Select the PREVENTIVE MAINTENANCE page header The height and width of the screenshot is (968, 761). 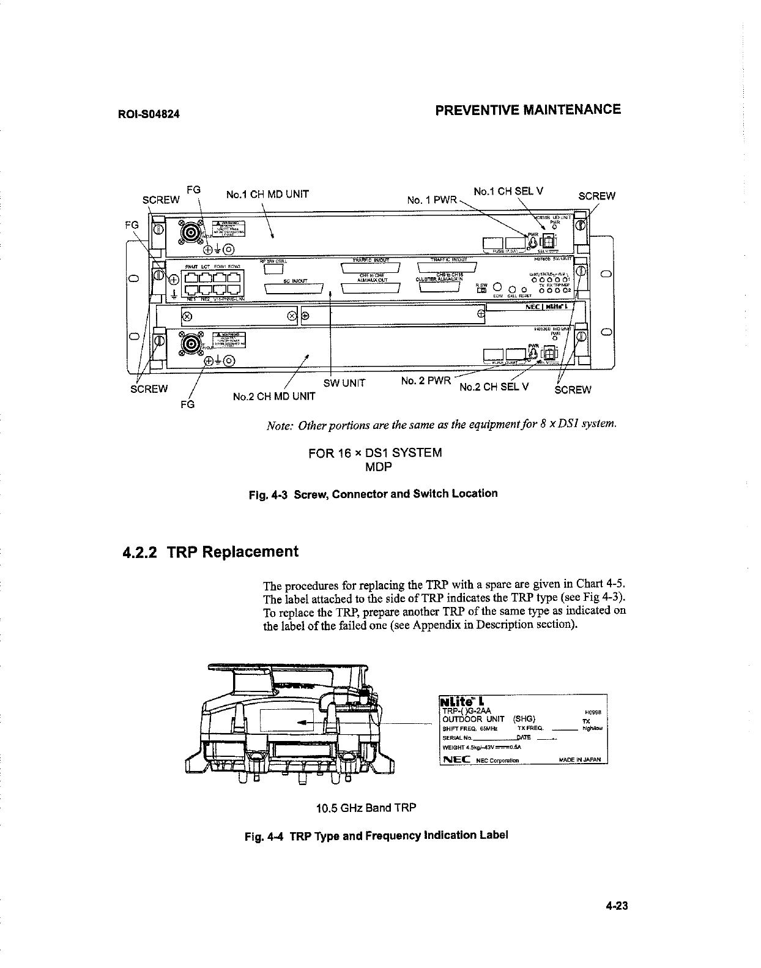[527, 110]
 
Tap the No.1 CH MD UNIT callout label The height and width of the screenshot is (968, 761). [267, 195]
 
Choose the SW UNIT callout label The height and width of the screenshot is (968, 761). [344, 384]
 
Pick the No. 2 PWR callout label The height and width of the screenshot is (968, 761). [426, 381]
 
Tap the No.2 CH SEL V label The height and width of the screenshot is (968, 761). [494, 387]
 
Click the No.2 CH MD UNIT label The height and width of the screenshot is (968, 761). [275, 396]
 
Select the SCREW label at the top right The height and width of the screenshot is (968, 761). [596, 196]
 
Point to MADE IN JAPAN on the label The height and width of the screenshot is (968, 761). [581, 761]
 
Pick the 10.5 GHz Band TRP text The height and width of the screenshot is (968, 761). [366, 808]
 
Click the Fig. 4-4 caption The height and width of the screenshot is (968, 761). [376, 835]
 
